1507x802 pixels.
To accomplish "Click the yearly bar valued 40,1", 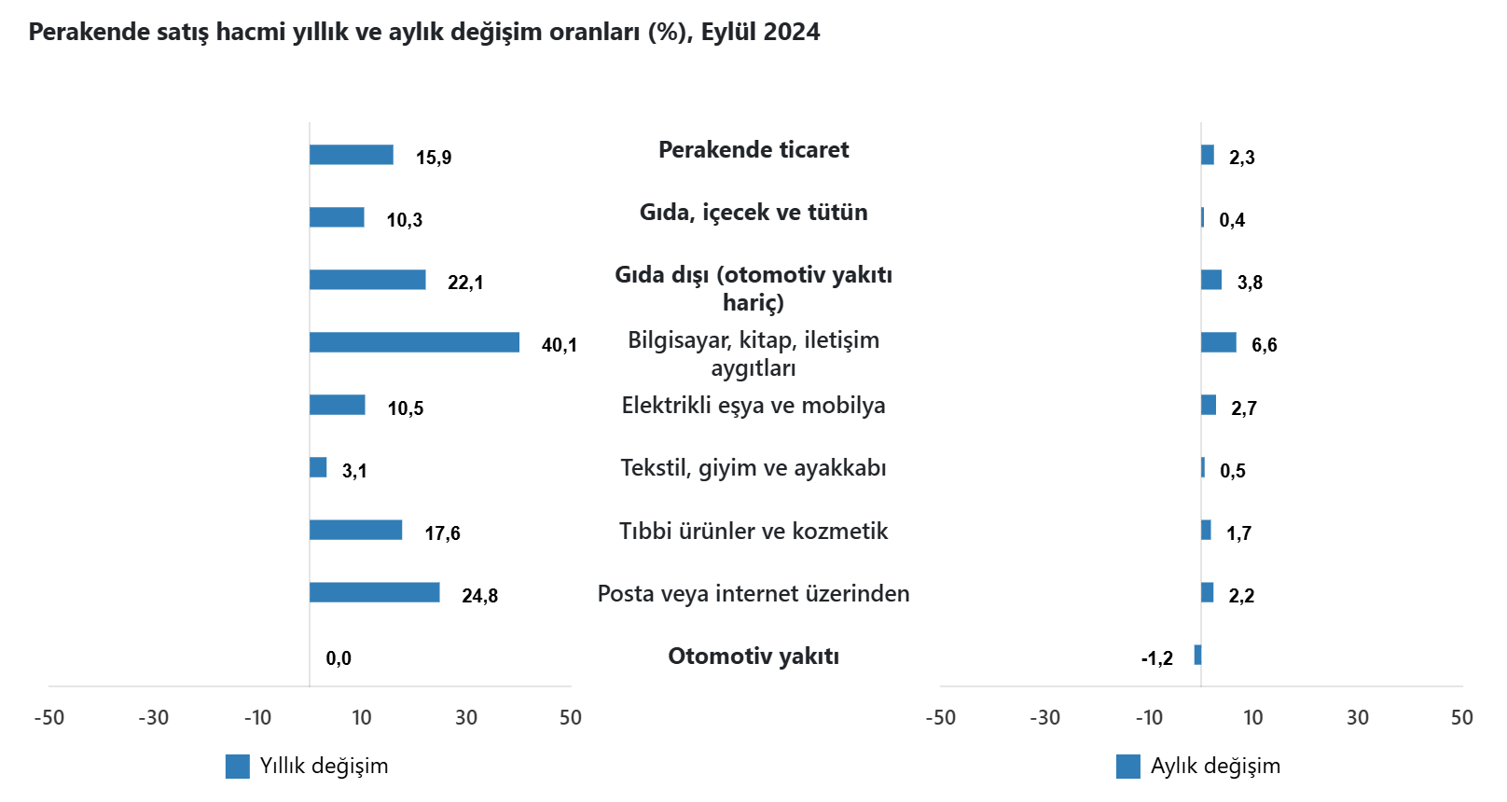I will pyautogui.click(x=414, y=342).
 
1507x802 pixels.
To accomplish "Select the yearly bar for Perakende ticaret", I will pyautogui.click(x=351, y=155).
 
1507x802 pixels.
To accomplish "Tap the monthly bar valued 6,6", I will pyautogui.click(x=1218, y=342).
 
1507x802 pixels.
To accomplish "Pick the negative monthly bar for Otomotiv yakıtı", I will pyautogui.click(x=1197, y=655).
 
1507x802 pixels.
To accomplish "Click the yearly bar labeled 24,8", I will pyautogui.click(x=374, y=592).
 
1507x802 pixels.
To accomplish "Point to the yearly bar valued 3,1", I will pyautogui.click(x=318, y=467).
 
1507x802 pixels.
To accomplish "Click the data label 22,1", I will pyautogui.click(x=465, y=283).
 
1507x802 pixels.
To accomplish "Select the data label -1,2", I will pyautogui.click(x=1156, y=658).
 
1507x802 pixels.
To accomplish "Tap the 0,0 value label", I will pyautogui.click(x=339, y=658).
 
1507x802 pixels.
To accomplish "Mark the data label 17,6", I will pyautogui.click(x=442, y=533).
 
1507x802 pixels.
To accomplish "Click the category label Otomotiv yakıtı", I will pyautogui.click(x=753, y=657).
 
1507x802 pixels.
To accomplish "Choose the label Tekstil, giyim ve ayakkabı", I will pyautogui.click(x=753, y=468).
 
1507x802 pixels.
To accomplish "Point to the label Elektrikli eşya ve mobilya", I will pyautogui.click(x=753, y=406).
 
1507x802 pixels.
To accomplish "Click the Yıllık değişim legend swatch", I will pyautogui.click(x=238, y=767).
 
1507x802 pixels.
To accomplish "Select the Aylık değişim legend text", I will pyautogui.click(x=1215, y=767).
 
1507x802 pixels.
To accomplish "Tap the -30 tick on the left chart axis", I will pyautogui.click(x=154, y=718).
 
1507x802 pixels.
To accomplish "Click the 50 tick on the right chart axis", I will pyautogui.click(x=1461, y=718).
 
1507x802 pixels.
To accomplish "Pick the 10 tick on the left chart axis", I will pyautogui.click(x=362, y=718).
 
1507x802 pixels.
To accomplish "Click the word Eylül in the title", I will pyautogui.click(x=728, y=33).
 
